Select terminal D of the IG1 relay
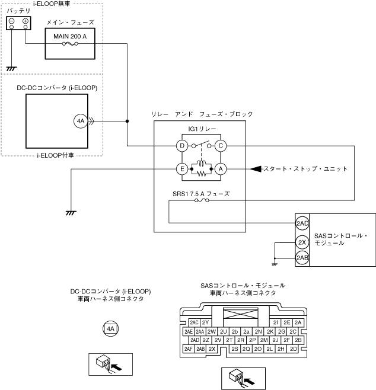183,145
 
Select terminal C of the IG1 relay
221,145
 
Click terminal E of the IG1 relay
183,169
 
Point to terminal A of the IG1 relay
221,169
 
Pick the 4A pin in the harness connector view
110,328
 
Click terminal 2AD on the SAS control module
302,223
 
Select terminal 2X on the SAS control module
302,242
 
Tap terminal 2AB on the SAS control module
302,257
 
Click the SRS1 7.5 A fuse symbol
201,202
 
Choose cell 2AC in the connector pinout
194,322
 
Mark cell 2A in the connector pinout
298,322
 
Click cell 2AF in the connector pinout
189,349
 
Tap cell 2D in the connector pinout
293,349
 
